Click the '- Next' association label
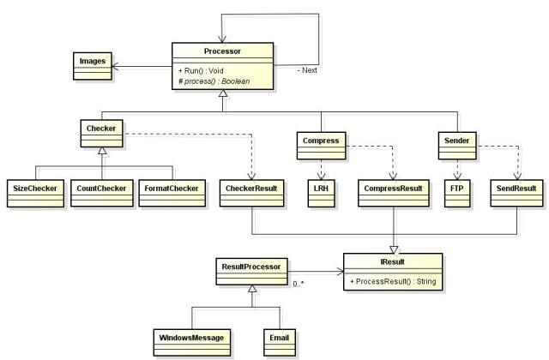tap(305, 70)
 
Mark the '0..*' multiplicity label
tap(300, 284)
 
